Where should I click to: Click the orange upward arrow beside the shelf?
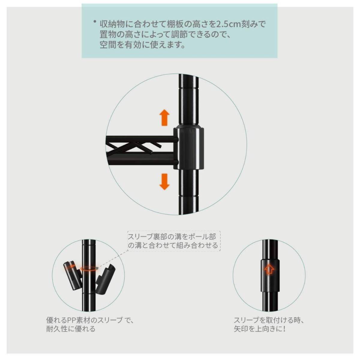point(164,117)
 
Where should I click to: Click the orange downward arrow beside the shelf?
point(164,181)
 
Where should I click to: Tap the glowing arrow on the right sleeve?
point(269,269)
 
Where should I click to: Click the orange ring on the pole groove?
point(88,269)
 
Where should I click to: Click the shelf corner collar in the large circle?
point(189,147)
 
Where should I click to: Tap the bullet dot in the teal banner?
point(94,22)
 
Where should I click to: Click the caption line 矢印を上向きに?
point(260,329)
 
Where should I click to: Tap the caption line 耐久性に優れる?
point(71,329)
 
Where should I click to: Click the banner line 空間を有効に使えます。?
point(142,45)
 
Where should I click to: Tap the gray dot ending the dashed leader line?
point(97,268)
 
